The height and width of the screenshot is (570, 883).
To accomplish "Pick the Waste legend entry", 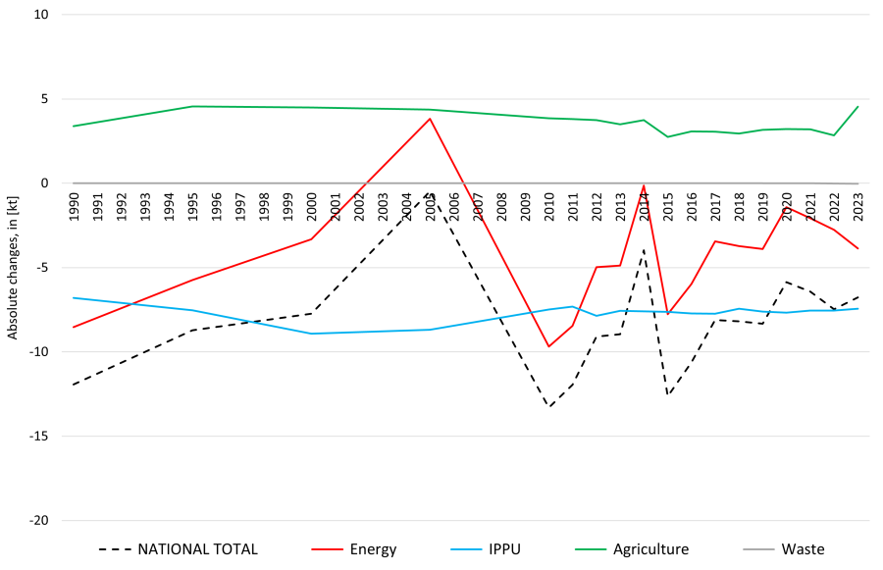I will click(803, 549).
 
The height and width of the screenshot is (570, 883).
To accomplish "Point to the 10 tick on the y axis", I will click(42, 15).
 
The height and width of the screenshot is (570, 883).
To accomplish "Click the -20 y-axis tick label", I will click(38, 520).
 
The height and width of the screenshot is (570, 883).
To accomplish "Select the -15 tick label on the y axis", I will click(38, 436).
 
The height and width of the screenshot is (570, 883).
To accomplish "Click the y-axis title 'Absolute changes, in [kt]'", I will click(13, 268).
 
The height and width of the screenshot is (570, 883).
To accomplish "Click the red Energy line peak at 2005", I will click(431, 119).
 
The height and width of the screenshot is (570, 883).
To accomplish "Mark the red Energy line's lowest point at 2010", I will click(549, 346).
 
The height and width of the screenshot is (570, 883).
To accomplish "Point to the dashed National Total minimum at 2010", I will click(549, 407).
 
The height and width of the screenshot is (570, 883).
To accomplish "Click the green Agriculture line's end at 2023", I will click(857, 107).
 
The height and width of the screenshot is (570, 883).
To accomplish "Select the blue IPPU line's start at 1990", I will click(74, 297).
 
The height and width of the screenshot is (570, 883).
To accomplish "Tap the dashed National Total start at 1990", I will click(74, 385).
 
